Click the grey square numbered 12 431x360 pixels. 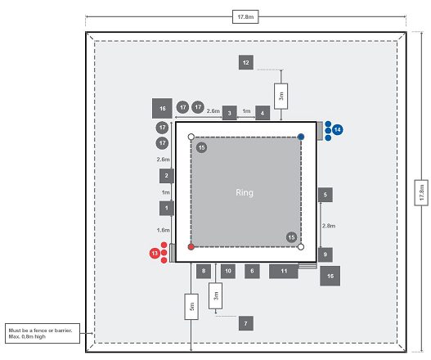(x=246, y=62)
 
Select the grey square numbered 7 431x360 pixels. (x=246, y=323)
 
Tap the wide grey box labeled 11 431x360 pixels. (x=284, y=271)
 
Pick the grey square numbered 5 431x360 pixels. (x=325, y=195)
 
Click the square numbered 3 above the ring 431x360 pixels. (x=230, y=113)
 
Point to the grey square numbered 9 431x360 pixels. (x=325, y=254)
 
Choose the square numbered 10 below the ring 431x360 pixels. (x=228, y=271)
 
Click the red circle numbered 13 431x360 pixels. (x=155, y=253)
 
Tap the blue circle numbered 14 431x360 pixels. (x=338, y=130)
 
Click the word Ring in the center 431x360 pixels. (x=245, y=192)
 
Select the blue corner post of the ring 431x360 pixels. (x=301, y=137)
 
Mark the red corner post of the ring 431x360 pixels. (x=191, y=247)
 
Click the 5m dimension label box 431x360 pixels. (x=191, y=307)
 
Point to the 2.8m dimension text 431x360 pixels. (x=329, y=226)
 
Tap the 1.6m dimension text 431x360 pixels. (x=163, y=230)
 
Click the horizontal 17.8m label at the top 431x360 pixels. (x=245, y=17)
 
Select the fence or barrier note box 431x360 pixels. (x=43, y=333)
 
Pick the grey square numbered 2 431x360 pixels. (x=167, y=176)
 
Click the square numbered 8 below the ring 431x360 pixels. (x=204, y=271)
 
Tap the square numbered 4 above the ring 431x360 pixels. (x=263, y=113)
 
